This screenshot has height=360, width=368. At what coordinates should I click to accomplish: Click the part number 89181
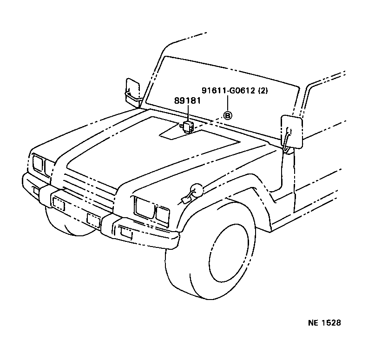pos(187,101)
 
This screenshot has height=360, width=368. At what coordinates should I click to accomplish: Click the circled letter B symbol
pos(228,115)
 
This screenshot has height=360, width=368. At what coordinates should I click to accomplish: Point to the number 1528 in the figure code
pos(331,323)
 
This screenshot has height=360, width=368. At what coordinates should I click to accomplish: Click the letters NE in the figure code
pos(312,323)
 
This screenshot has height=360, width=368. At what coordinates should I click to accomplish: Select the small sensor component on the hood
pos(188,126)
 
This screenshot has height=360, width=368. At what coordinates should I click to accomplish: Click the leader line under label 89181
pos(188,113)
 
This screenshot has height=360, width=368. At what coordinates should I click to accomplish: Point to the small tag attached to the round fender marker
pos(184,200)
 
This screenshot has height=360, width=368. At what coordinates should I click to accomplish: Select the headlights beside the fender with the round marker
pos(151,210)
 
